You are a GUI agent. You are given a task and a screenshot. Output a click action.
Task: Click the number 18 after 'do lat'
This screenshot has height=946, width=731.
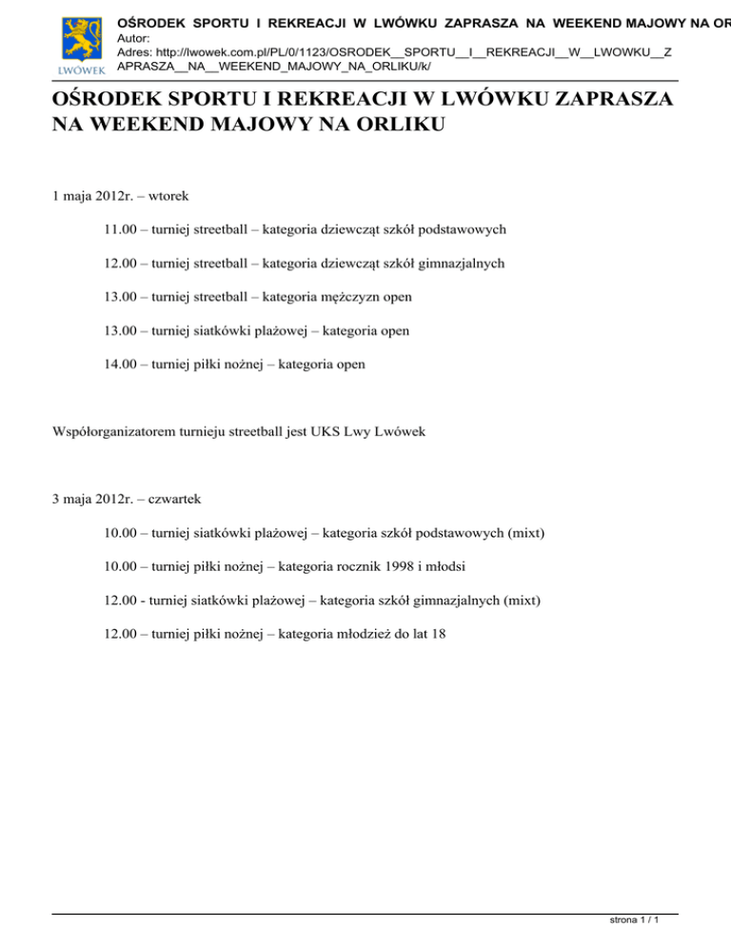click(x=438, y=634)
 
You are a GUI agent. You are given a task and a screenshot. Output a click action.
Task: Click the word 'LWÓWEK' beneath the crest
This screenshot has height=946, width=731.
click(x=75, y=71)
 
